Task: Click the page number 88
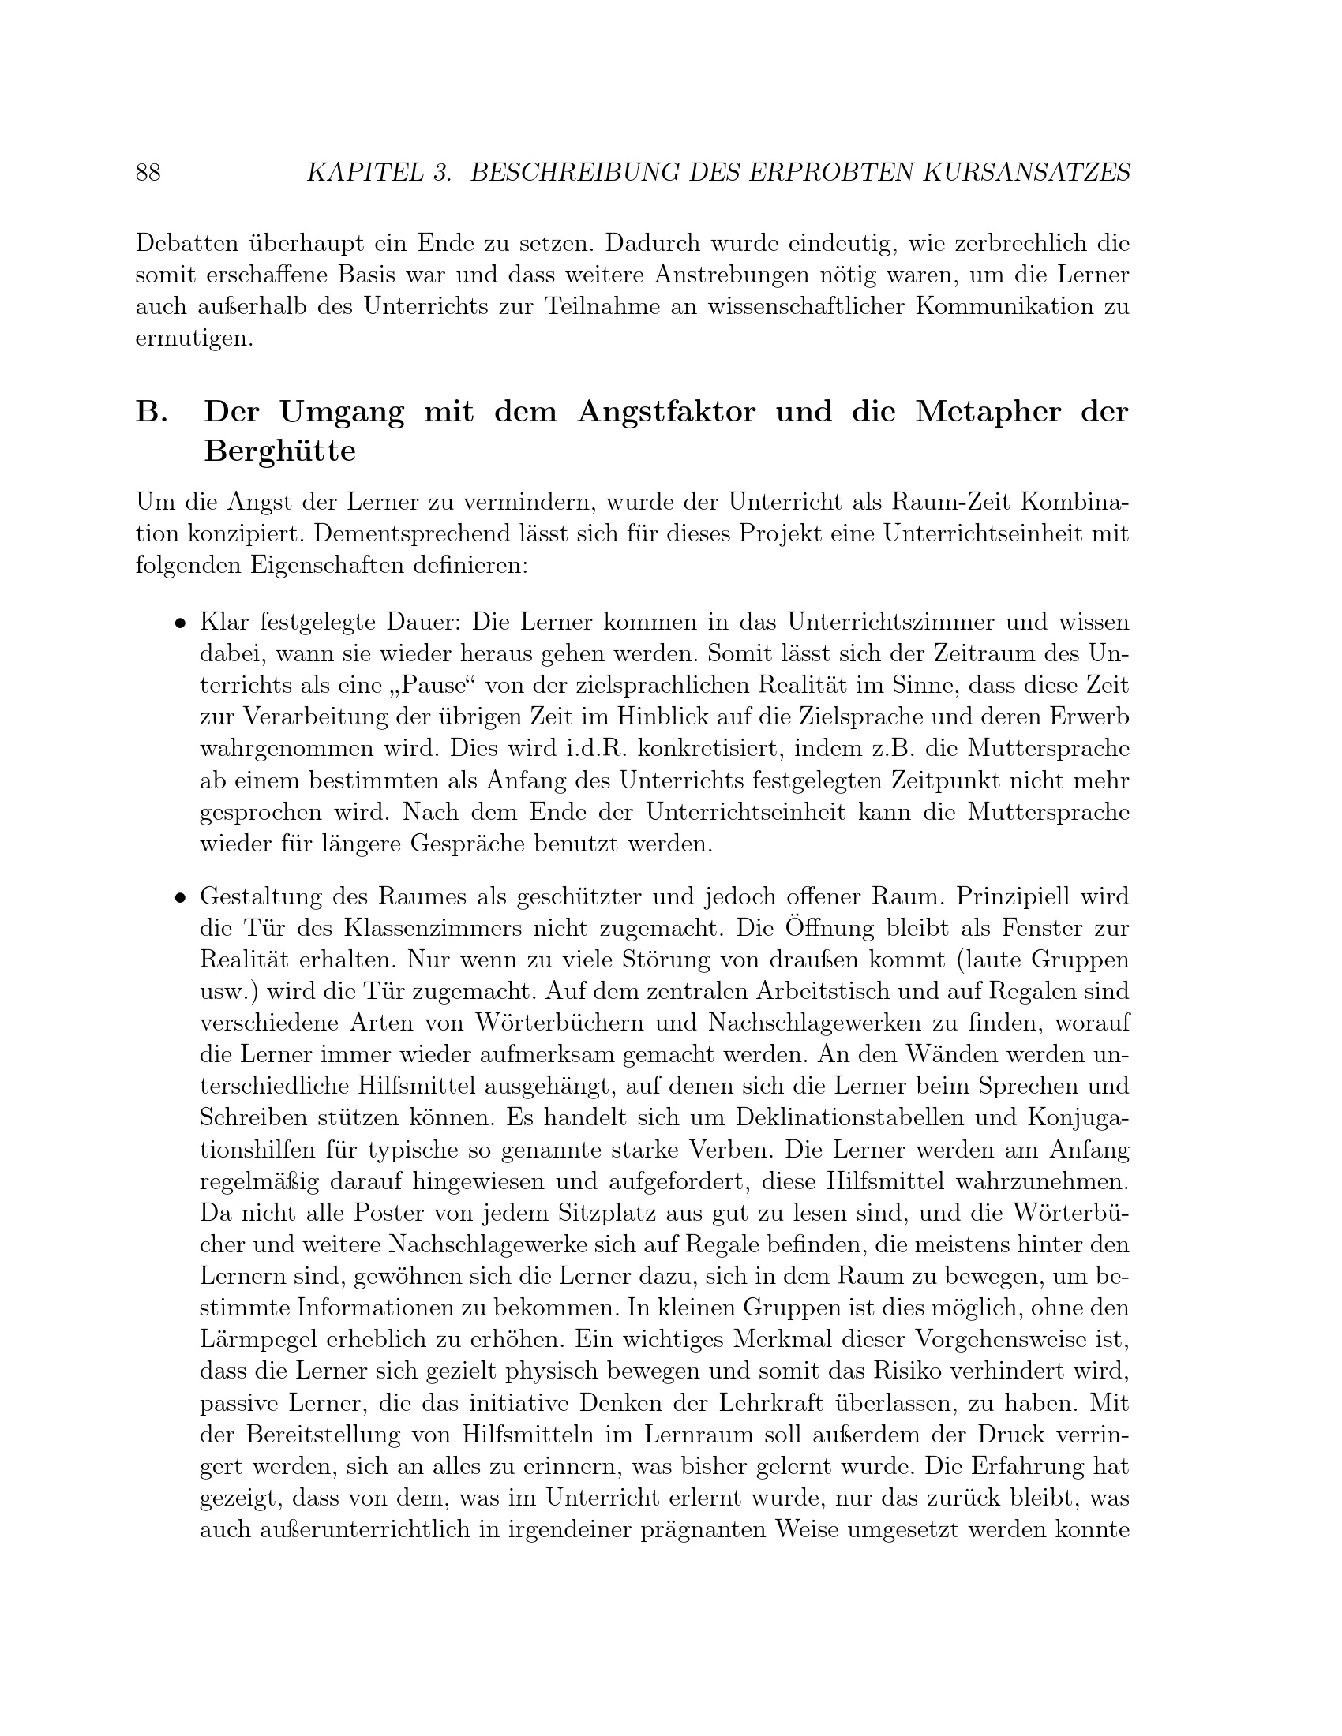(x=148, y=173)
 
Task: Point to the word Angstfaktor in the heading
(x=666, y=413)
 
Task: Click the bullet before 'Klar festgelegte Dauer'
(x=182, y=623)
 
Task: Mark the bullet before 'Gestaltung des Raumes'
(x=182, y=898)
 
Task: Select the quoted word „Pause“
(x=427, y=686)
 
